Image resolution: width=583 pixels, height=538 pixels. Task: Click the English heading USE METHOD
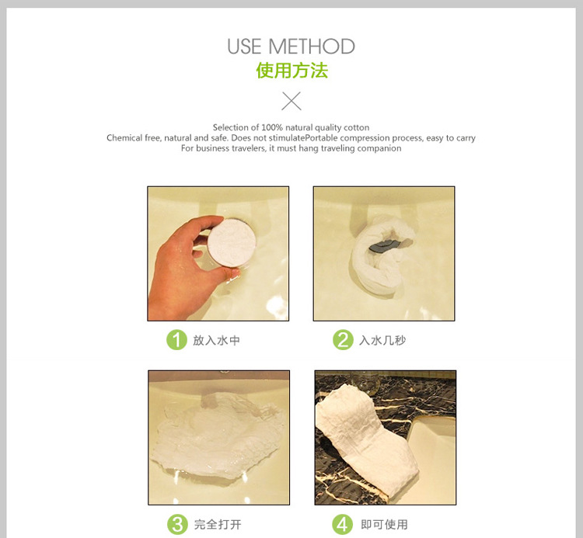tap(291, 47)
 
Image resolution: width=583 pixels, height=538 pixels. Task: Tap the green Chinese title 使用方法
tap(291, 70)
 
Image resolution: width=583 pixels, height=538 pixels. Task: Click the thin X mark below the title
tap(291, 101)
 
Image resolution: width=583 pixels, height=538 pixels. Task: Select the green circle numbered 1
tap(176, 340)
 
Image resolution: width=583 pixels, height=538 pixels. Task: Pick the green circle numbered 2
tap(343, 340)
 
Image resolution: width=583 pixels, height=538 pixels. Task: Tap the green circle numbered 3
tap(177, 524)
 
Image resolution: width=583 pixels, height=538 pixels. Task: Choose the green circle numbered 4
tap(342, 524)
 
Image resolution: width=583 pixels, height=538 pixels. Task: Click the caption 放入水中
tap(216, 341)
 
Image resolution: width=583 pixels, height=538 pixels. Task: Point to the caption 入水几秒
tap(382, 341)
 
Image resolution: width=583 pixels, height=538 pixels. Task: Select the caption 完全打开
tap(218, 525)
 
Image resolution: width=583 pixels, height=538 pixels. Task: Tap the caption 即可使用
tap(385, 525)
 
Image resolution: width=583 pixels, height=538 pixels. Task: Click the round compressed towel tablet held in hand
tap(232, 242)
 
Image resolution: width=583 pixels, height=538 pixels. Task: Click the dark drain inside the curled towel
tap(383, 245)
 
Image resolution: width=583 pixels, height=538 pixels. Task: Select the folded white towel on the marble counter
tap(366, 438)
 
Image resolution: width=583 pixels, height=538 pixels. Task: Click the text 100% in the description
tap(272, 127)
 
